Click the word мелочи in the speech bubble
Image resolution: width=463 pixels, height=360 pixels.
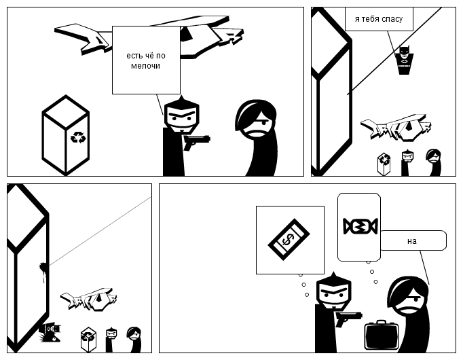tap(145, 66)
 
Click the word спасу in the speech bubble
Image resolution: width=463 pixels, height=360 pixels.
tap(392, 19)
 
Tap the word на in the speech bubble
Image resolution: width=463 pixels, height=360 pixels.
tap(412, 241)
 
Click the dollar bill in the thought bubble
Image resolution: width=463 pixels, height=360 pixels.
tap(289, 239)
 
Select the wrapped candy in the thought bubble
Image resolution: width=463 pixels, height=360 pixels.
tap(360, 226)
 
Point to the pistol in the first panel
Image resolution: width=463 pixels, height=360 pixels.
tap(196, 142)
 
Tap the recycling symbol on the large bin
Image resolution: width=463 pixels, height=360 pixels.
tap(79, 137)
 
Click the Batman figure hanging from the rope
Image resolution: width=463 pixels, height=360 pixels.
tap(404, 60)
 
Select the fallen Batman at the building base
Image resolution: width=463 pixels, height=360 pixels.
tap(50, 333)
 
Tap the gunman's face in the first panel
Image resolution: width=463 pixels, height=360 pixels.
tap(181, 118)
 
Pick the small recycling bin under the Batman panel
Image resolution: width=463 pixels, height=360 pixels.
tap(384, 164)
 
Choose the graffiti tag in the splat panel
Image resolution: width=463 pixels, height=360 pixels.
tap(88, 300)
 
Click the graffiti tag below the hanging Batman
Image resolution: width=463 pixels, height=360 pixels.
tap(396, 127)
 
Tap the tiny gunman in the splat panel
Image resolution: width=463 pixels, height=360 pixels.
tap(111, 340)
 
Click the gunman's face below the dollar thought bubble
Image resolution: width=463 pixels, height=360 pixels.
tap(333, 292)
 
